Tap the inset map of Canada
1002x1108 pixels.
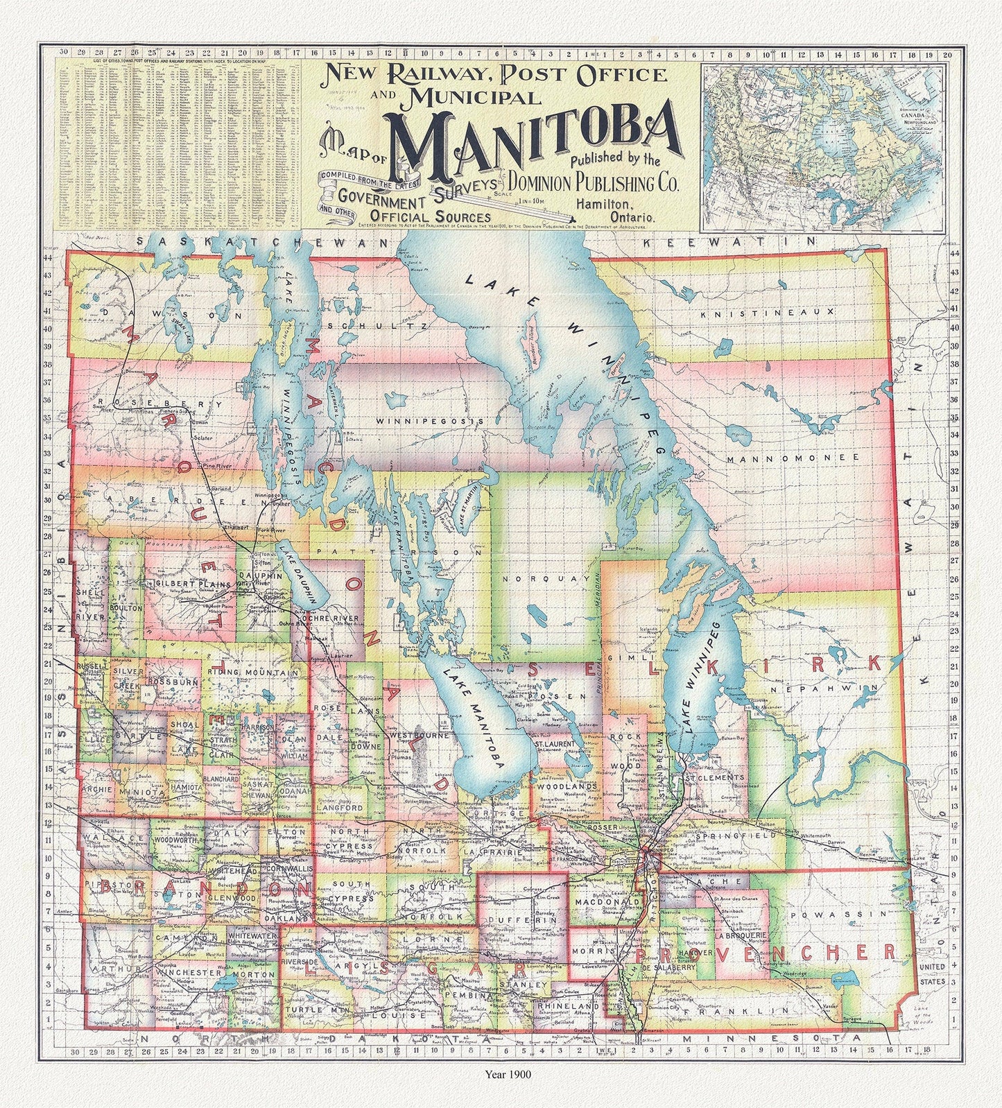(822, 145)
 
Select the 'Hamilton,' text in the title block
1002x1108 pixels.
(603, 205)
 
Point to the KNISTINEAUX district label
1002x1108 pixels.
(766, 313)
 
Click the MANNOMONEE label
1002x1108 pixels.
(793, 458)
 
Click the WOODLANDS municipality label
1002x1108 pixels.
(567, 787)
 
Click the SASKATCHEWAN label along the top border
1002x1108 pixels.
(264, 243)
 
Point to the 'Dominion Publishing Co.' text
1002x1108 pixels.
(594, 183)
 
